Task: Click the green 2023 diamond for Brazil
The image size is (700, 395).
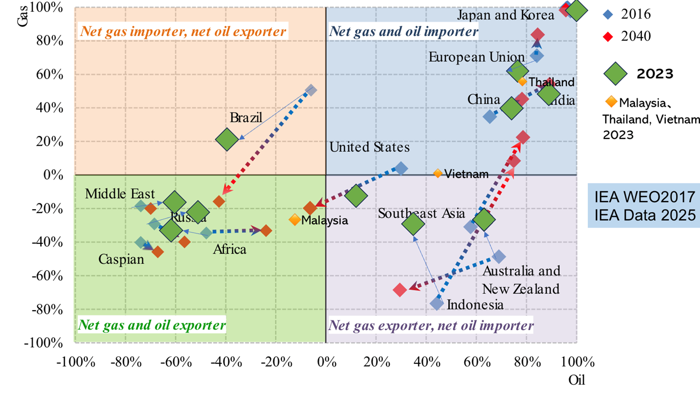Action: (227, 139)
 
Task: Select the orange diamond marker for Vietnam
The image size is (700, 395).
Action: (438, 174)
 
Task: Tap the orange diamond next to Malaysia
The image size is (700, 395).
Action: (295, 220)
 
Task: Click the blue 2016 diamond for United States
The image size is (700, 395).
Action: (401, 168)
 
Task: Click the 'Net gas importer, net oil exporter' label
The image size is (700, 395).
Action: (183, 32)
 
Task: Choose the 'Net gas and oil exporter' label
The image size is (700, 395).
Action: (152, 325)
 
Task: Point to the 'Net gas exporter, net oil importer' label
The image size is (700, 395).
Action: (431, 325)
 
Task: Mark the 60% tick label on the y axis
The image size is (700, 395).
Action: (49, 75)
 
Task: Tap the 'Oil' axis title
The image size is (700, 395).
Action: (577, 380)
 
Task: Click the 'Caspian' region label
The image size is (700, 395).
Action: (121, 259)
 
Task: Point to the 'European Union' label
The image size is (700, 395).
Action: (477, 57)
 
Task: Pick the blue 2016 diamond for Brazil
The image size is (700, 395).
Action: (311, 90)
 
